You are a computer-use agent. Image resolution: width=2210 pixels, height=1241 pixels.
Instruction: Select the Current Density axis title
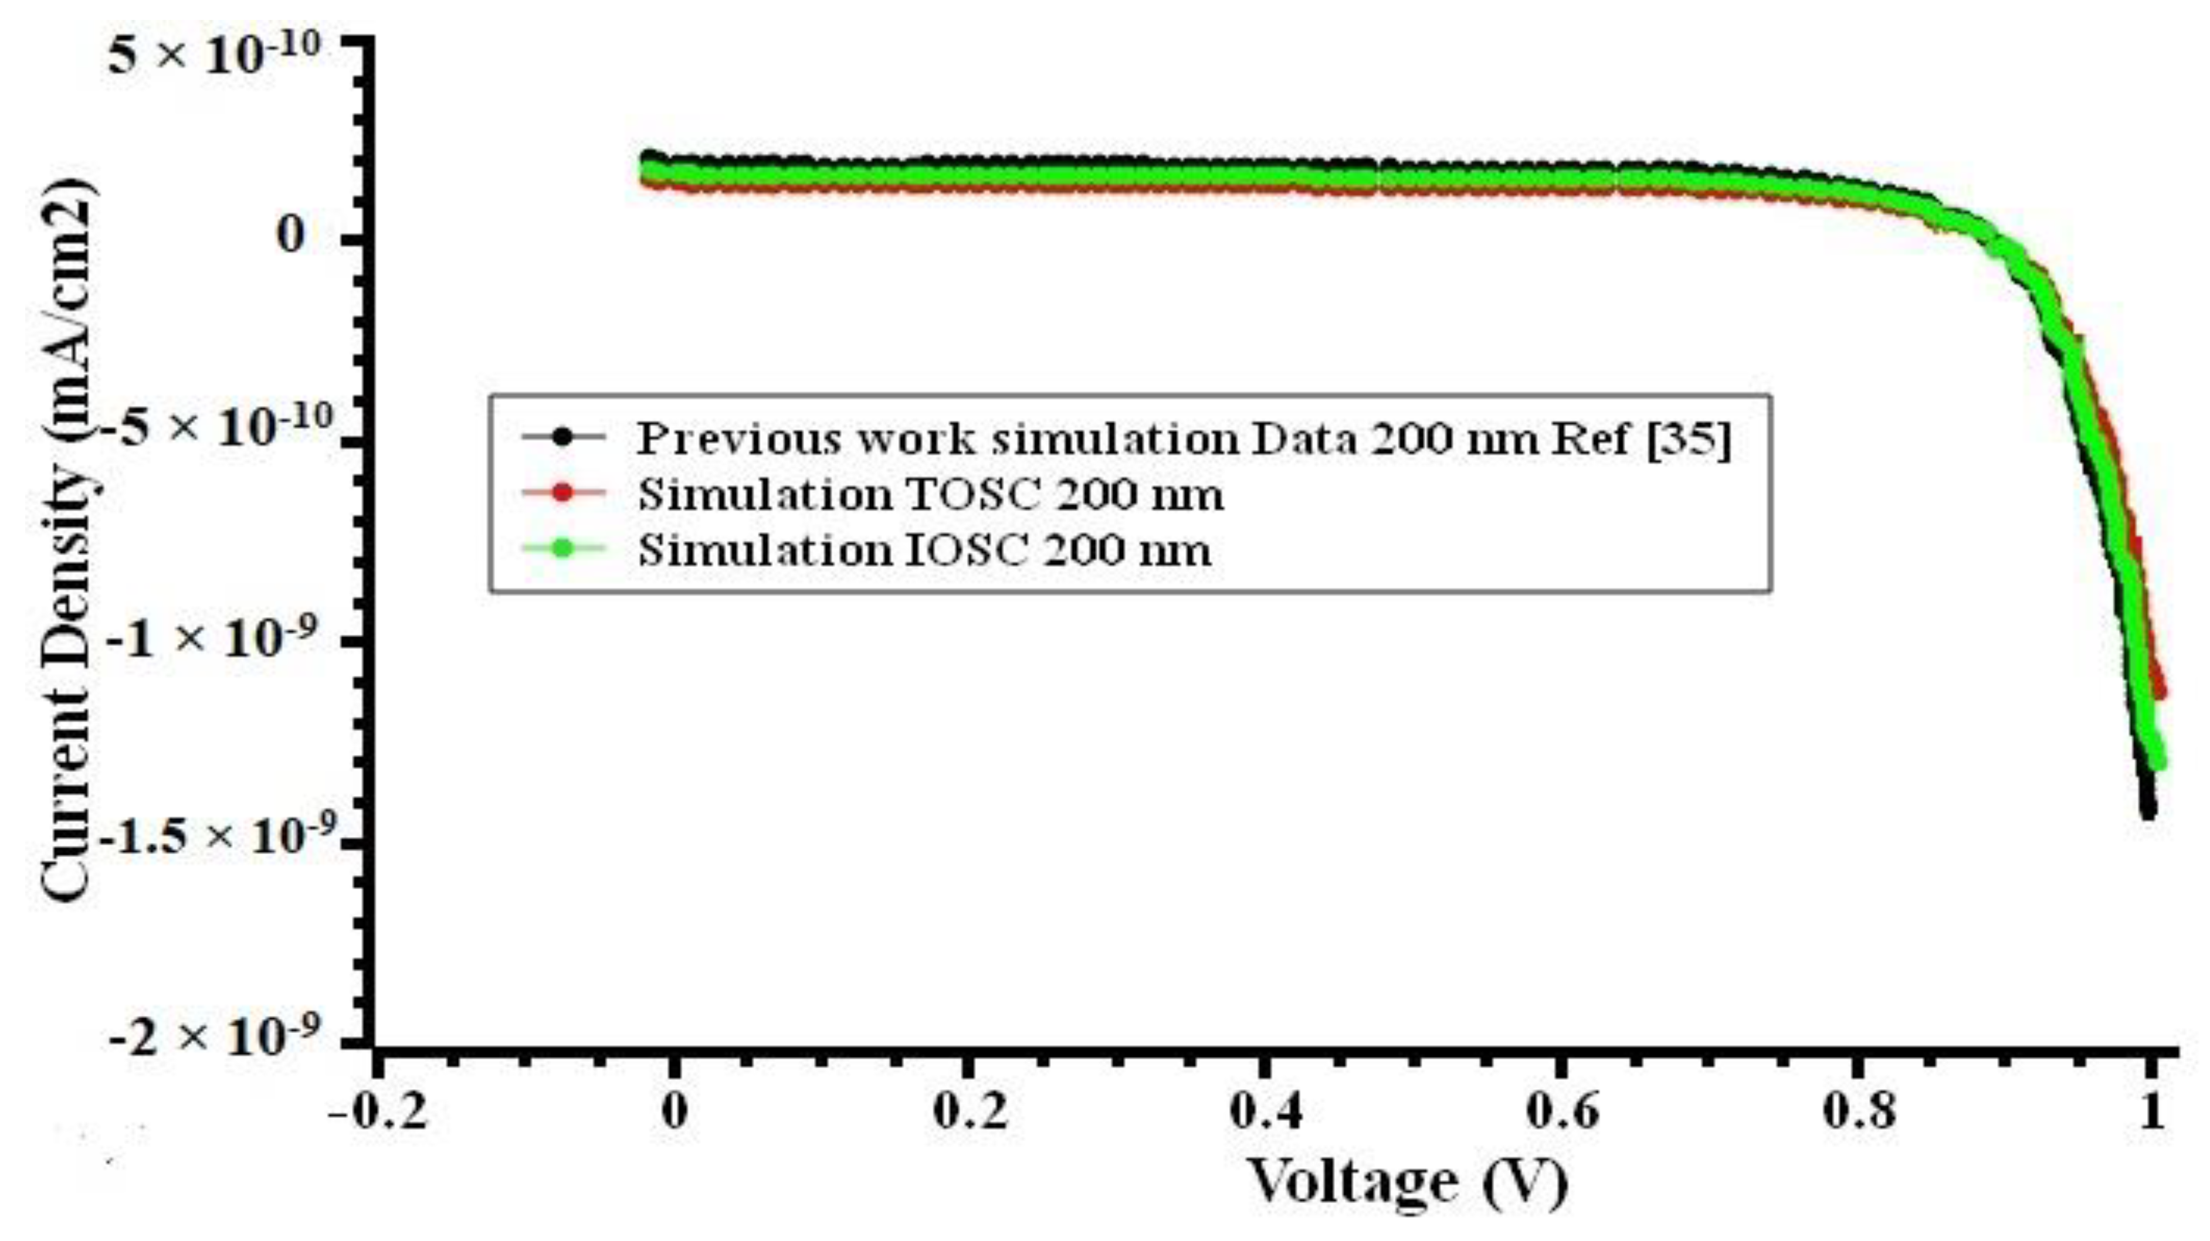67,540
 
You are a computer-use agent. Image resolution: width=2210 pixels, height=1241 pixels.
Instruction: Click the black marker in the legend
562,437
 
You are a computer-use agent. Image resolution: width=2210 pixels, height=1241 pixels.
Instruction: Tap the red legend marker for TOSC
562,493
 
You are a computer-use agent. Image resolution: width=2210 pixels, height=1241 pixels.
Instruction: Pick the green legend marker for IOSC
562,549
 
